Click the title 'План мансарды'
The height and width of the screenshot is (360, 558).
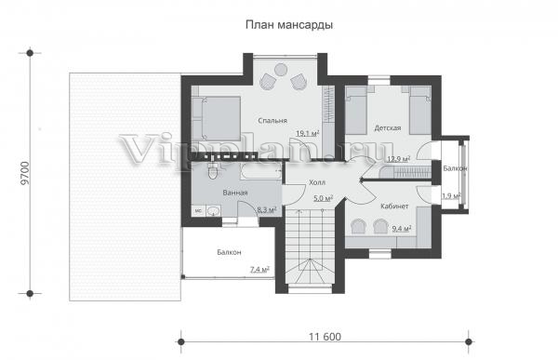(x=289, y=25)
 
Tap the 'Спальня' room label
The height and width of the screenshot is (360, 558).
(x=272, y=121)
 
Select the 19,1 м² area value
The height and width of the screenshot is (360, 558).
(x=308, y=134)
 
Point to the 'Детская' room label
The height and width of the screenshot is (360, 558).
(x=388, y=127)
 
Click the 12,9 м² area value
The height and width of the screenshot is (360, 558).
(x=399, y=159)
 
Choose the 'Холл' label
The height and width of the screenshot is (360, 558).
(x=317, y=182)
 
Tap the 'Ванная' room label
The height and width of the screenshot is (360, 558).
(x=235, y=193)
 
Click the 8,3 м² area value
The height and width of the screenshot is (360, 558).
(x=267, y=210)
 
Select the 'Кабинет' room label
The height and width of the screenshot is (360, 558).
(x=394, y=207)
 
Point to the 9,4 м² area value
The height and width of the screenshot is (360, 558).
(x=402, y=228)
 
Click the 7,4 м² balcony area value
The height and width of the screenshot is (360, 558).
(x=259, y=270)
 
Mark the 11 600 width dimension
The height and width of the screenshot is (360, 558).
(x=325, y=337)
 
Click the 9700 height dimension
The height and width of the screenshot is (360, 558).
(x=24, y=173)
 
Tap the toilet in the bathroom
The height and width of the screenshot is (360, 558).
(x=212, y=172)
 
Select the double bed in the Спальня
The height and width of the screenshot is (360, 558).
(x=217, y=118)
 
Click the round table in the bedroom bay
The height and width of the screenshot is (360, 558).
(x=281, y=69)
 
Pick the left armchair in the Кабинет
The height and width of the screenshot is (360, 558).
(x=359, y=226)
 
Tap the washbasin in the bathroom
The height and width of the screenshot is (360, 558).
(x=213, y=211)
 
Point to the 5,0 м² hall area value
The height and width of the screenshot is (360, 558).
(x=323, y=198)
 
